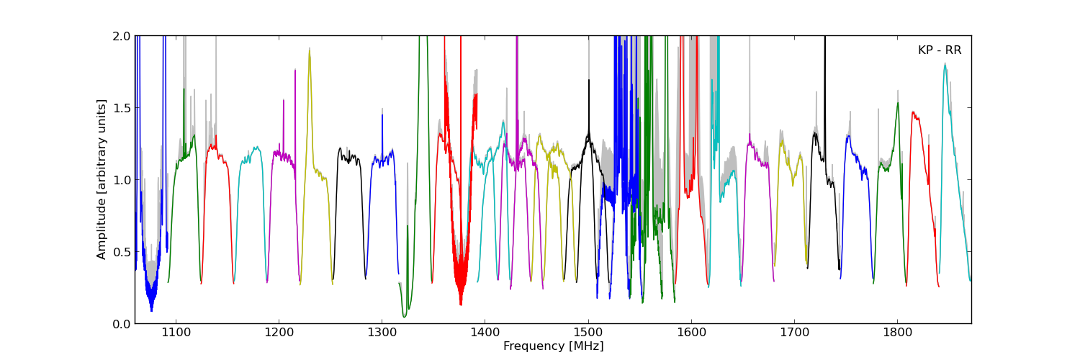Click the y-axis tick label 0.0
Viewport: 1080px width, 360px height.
[x=122, y=324]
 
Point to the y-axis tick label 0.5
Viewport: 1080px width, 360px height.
[x=122, y=252]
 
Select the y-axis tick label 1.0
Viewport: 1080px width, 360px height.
[x=122, y=180]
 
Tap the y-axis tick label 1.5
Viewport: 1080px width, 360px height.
[x=122, y=108]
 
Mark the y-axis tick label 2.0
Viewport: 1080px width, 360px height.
[x=122, y=36]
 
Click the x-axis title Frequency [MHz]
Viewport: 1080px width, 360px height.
[x=553, y=346]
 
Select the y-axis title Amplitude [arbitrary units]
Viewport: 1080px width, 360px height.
[x=102, y=179]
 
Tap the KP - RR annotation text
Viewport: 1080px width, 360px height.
[x=940, y=50]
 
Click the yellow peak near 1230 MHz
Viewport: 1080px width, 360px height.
[x=310, y=50]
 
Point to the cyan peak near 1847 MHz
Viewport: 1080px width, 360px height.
[x=945, y=65]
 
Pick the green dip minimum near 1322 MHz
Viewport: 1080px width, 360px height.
[x=405, y=316]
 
